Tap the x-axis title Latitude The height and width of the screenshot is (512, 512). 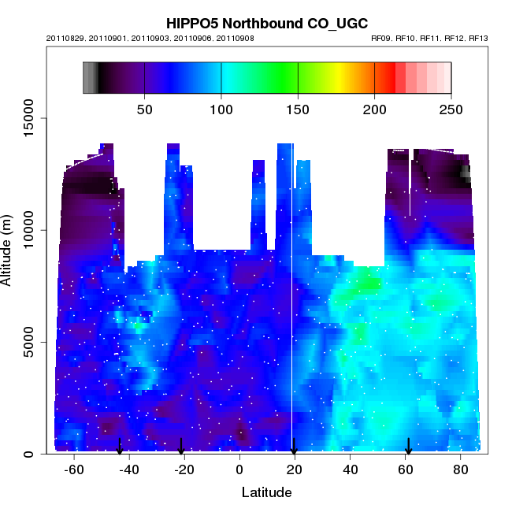267,492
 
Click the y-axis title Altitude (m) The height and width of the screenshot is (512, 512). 9,250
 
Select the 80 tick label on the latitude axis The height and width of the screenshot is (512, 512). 461,469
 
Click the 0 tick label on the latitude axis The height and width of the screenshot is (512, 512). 239,469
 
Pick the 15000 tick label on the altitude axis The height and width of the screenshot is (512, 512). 28,118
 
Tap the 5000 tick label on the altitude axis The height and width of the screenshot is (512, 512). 28,343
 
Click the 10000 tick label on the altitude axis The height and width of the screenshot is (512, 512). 28,230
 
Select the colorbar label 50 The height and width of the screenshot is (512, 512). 145,109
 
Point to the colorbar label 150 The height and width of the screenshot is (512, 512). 299,109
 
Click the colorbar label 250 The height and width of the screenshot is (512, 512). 451,109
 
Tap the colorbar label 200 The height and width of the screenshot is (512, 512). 375,109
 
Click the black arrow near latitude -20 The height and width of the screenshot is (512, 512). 181,447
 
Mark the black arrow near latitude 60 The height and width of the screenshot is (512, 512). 408,447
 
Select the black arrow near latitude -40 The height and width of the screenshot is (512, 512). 120,447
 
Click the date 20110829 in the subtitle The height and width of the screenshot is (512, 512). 66,38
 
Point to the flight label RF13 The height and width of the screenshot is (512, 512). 478,38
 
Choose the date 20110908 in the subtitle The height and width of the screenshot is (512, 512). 234,38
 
